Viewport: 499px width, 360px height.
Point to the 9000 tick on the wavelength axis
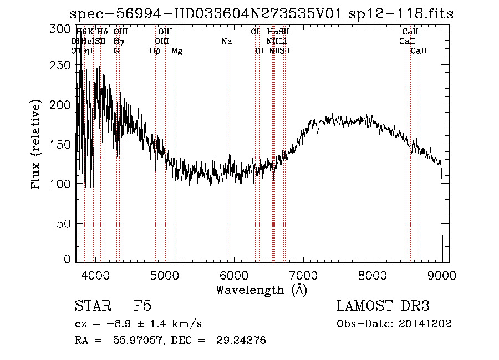[442, 275]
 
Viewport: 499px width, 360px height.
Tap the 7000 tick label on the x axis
[303, 275]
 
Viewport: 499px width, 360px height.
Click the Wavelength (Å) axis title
[261, 290]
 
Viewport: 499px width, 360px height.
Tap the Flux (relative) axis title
[37, 144]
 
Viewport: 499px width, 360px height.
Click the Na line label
[226, 42]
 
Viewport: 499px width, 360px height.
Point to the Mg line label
[177, 51]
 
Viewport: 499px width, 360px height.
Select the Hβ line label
[155, 51]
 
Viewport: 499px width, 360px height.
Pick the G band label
[116, 51]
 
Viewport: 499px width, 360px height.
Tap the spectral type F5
[142, 306]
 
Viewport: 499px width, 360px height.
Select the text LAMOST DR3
[383, 306]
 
